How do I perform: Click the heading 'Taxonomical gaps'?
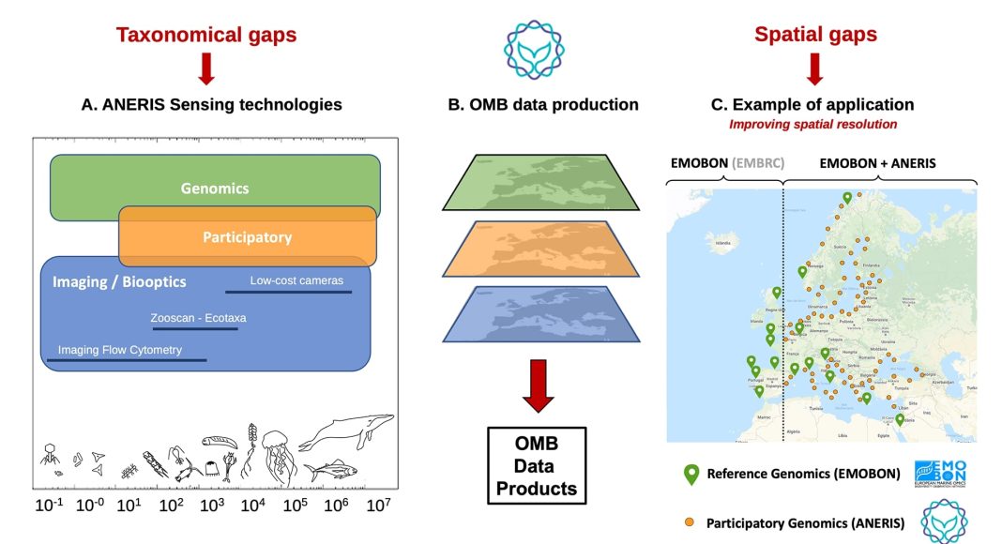click(x=206, y=36)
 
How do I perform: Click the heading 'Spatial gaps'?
click(x=815, y=36)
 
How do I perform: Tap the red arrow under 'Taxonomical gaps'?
click(x=206, y=68)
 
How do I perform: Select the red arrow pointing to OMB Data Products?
click(x=538, y=385)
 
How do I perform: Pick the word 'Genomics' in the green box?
click(x=215, y=189)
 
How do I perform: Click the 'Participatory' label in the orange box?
click(x=247, y=237)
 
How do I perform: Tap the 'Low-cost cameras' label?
click(x=296, y=280)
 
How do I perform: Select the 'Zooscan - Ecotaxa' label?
click(x=198, y=318)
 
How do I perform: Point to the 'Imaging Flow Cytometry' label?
click(x=120, y=350)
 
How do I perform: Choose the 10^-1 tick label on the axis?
click(x=50, y=506)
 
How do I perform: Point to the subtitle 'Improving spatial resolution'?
click(x=812, y=124)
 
